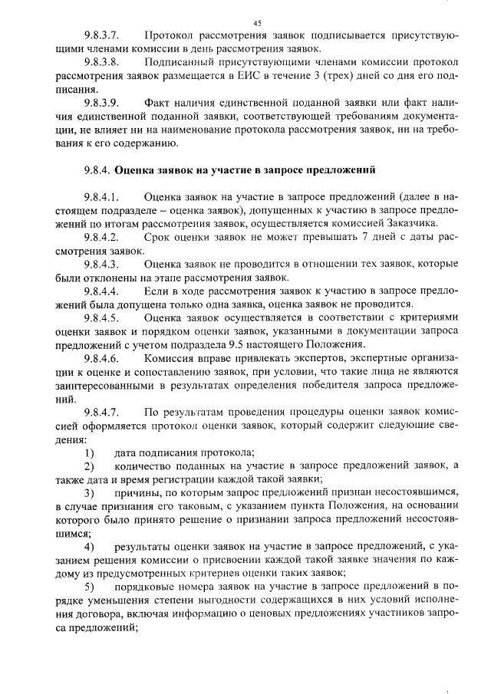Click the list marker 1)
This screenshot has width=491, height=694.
pyautogui.click(x=89, y=452)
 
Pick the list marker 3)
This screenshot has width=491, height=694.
pyautogui.click(x=89, y=492)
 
